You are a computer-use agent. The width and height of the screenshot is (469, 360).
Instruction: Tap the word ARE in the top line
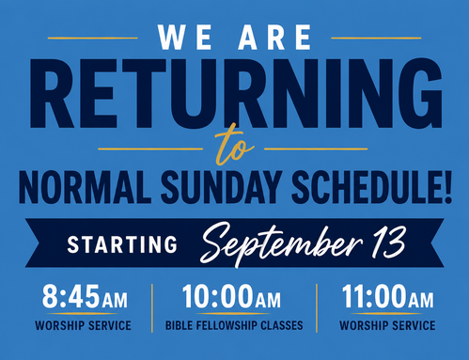click(x=274, y=38)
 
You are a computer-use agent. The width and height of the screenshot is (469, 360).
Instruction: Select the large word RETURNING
click(x=236, y=93)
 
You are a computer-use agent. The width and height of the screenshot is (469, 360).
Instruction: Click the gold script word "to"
click(x=233, y=145)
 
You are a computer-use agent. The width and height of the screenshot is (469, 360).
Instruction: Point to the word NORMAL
click(x=83, y=187)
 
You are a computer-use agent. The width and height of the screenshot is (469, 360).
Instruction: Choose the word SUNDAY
click(x=220, y=187)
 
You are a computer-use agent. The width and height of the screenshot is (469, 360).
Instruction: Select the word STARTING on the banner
click(x=122, y=244)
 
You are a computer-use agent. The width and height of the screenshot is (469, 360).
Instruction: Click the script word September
click(x=281, y=243)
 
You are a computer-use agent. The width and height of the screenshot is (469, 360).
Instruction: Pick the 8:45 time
click(x=71, y=296)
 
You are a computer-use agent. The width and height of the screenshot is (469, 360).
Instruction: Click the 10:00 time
click(x=218, y=296)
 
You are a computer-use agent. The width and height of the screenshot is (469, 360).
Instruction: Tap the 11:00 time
click(x=375, y=296)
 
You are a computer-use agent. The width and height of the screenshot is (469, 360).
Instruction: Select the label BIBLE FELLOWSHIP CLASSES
click(x=234, y=325)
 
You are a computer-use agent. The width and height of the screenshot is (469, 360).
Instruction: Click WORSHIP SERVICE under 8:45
click(x=83, y=325)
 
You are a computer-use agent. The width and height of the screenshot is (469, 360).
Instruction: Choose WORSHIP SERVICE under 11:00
click(x=387, y=325)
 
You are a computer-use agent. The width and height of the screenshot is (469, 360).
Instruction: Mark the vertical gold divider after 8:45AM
click(x=152, y=308)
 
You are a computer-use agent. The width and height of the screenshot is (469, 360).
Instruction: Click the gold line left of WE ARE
click(x=93, y=38)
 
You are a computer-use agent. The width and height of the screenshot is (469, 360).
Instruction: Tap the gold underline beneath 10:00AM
click(x=233, y=313)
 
